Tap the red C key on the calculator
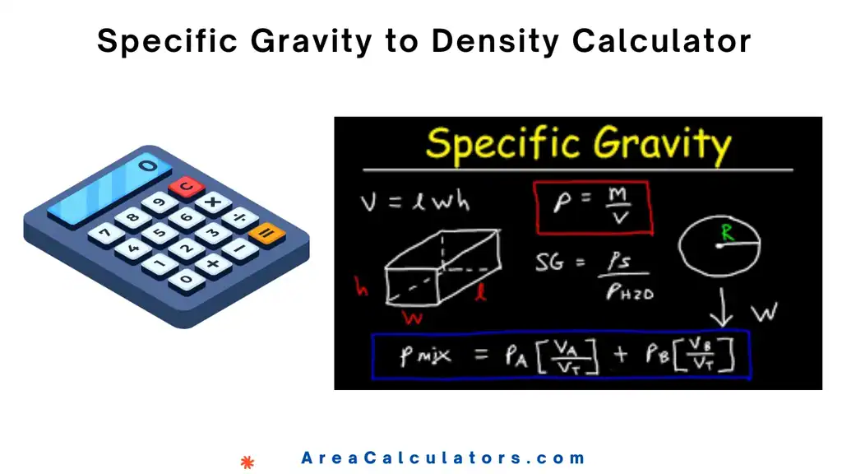point(187,187)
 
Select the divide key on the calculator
point(240,218)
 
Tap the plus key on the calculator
point(213,264)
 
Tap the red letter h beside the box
point(361,287)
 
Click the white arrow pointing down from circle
point(723,305)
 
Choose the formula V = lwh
point(414,202)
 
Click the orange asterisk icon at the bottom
point(247,462)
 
